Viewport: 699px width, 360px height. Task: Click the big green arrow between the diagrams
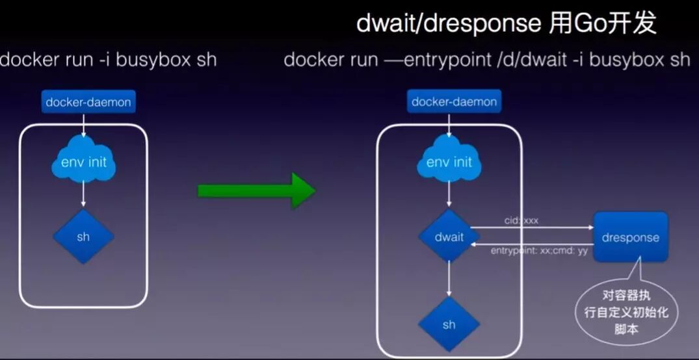(x=256, y=190)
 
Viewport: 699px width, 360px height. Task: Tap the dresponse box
(x=630, y=237)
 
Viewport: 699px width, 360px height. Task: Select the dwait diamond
(x=449, y=237)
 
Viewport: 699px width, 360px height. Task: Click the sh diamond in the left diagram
(x=83, y=237)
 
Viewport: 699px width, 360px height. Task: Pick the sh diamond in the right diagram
(x=449, y=324)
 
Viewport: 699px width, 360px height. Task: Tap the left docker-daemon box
(x=88, y=102)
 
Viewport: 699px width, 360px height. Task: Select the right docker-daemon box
(x=454, y=102)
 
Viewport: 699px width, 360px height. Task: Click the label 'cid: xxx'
(x=521, y=221)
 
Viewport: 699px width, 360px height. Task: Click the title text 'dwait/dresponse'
(x=448, y=25)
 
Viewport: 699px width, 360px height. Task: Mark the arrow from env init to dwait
(x=449, y=195)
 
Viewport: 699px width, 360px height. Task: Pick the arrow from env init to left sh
(x=83, y=195)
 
